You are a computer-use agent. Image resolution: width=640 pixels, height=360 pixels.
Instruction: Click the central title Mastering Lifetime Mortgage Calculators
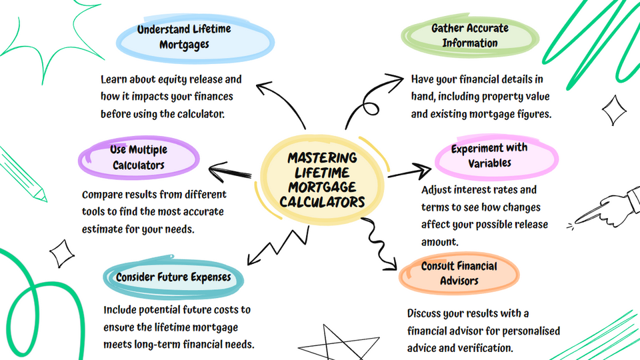(x=322, y=179)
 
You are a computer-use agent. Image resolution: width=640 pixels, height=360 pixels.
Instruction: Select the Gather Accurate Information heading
(x=460, y=36)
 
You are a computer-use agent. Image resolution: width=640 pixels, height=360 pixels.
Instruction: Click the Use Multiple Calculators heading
(x=138, y=157)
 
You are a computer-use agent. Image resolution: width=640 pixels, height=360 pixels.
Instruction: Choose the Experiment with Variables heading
(x=489, y=155)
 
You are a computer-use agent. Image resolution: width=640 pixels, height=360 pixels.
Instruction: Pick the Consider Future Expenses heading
(x=173, y=277)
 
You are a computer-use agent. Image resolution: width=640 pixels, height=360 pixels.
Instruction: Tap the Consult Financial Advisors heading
(x=459, y=273)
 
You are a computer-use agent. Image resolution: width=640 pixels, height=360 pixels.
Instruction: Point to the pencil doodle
(x=23, y=173)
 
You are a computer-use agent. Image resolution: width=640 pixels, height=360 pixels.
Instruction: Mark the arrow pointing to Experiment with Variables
(x=409, y=173)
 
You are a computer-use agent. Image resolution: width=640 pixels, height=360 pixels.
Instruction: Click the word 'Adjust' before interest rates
(x=437, y=190)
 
